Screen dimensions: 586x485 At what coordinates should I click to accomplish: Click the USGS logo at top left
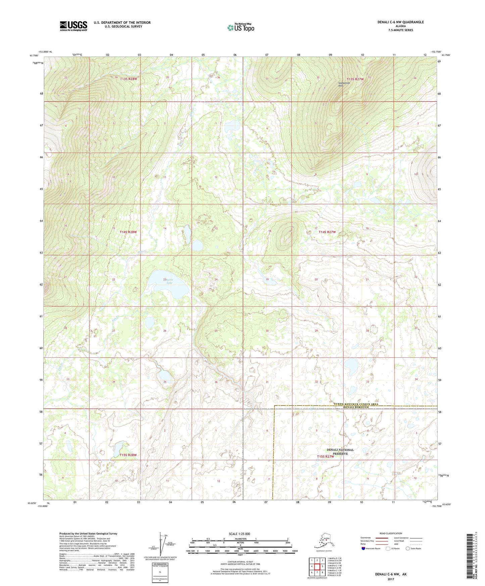(73, 26)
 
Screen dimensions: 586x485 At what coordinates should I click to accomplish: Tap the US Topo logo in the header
(240, 27)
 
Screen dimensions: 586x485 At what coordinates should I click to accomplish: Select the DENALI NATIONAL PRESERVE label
(340, 451)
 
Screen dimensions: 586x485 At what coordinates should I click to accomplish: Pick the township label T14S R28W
(129, 232)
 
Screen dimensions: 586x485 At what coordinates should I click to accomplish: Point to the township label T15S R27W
(326, 456)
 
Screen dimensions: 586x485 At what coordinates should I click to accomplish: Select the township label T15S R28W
(128, 455)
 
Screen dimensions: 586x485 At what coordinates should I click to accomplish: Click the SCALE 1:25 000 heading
(240, 534)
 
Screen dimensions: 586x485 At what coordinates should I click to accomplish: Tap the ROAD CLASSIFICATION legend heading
(391, 533)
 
